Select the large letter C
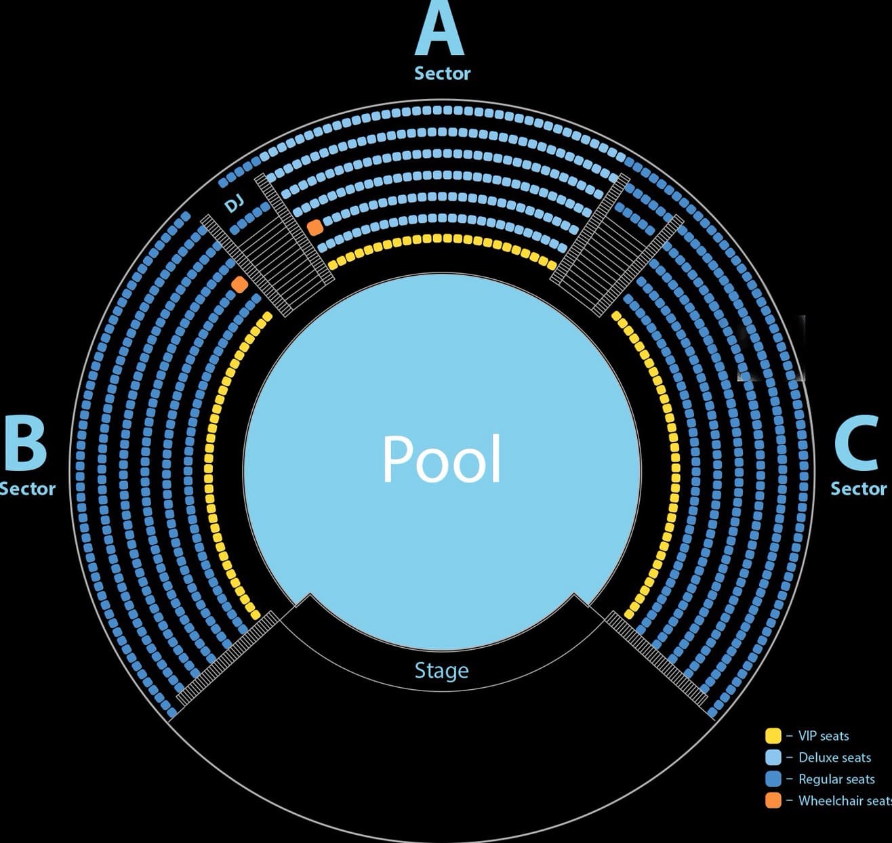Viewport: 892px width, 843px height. point(857,444)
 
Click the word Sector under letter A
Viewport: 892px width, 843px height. point(442,73)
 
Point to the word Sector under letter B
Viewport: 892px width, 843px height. point(27,489)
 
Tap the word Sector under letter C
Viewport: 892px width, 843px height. point(858,489)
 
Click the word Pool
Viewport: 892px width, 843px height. point(442,459)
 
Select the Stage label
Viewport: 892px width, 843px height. point(441,670)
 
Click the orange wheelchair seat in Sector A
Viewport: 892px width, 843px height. point(315,227)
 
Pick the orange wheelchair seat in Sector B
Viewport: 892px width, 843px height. point(239,284)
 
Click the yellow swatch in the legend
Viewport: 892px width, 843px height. point(773,736)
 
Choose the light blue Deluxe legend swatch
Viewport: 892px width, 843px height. point(773,758)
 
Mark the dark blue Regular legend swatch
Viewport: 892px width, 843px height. point(773,779)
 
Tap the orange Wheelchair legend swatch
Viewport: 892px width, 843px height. point(773,801)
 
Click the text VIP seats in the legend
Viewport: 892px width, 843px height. point(823,736)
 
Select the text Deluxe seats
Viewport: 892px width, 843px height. point(834,758)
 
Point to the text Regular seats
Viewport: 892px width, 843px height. point(836,779)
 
